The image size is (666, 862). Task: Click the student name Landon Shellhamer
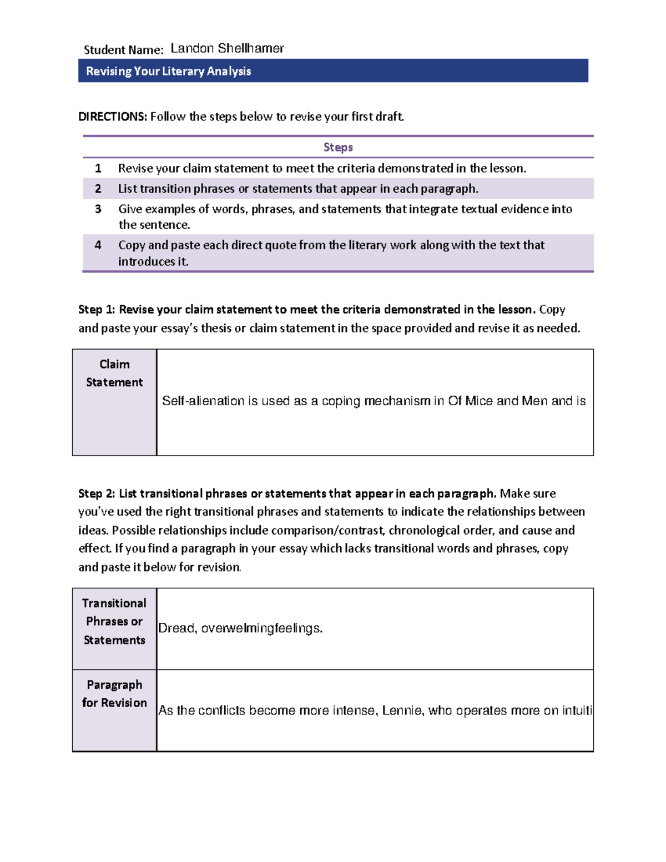pos(227,48)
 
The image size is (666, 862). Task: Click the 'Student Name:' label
pos(123,50)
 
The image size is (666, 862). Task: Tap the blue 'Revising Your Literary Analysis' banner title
pos(168,71)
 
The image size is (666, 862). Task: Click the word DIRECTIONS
pos(112,117)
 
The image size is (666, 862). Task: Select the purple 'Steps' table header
pos(338,147)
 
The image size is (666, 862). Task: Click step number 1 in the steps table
pos(98,168)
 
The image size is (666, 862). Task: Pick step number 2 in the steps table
pos(98,189)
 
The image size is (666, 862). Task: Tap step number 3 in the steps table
pos(98,209)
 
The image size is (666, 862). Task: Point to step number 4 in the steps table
pos(98,245)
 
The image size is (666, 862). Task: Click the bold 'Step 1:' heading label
pos(97,310)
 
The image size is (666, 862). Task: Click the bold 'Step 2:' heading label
pos(97,493)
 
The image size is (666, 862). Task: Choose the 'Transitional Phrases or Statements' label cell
pos(114,621)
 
